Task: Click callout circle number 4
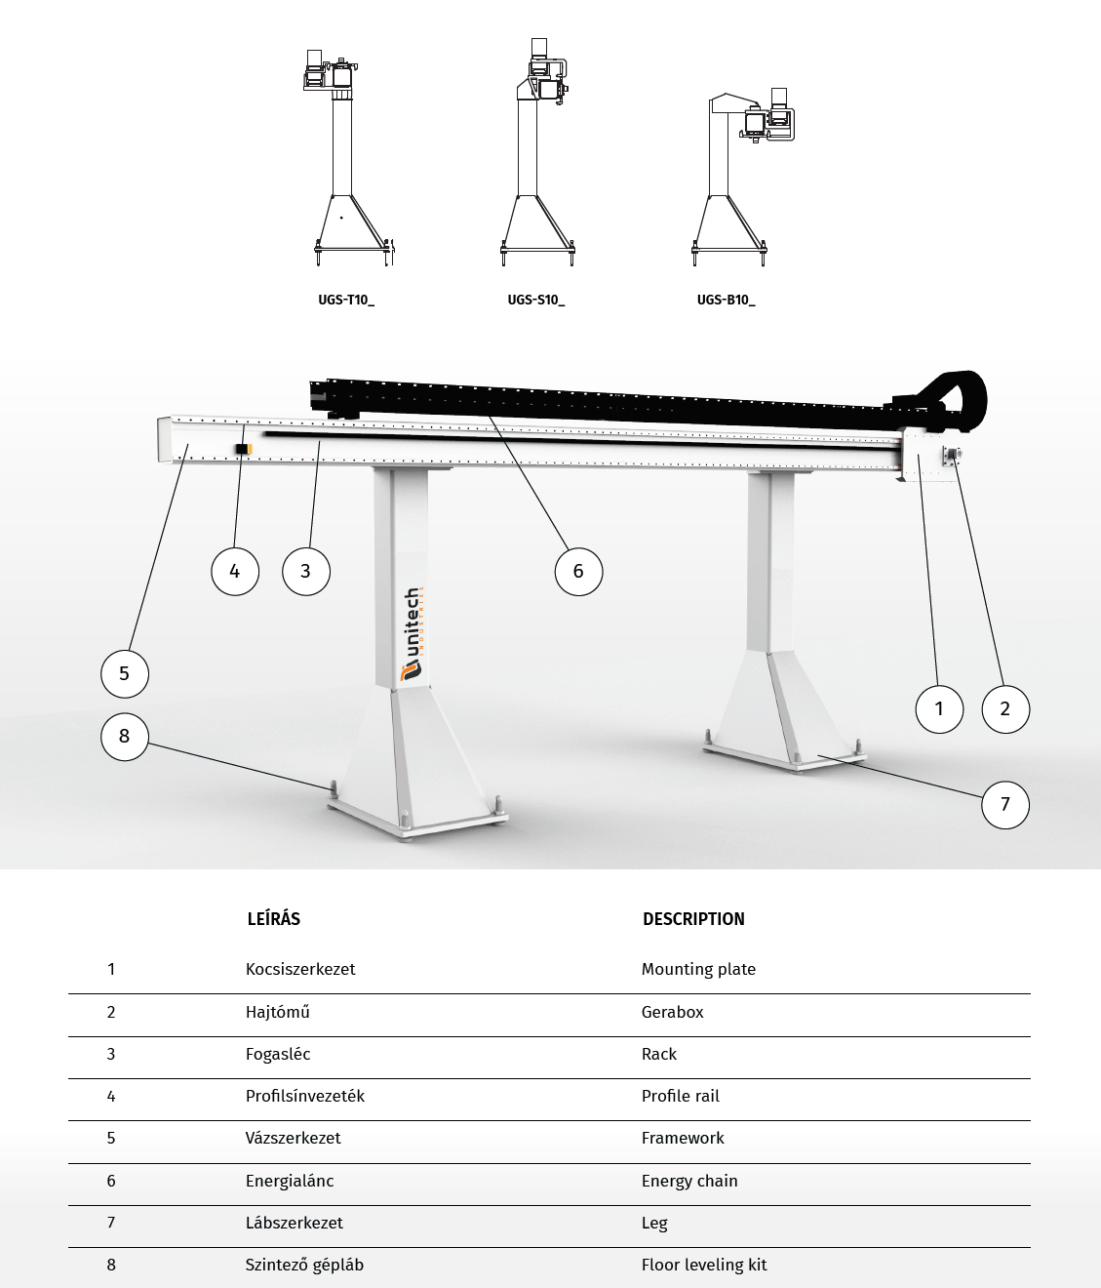[x=235, y=571]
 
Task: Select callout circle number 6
[x=578, y=571]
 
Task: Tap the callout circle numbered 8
[x=124, y=736]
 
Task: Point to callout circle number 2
[x=1005, y=708]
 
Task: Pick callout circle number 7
[x=1005, y=805]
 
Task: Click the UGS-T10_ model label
[x=346, y=301]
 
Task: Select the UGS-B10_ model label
[x=726, y=301]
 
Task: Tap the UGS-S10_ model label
[x=535, y=301]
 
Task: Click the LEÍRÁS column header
[x=274, y=919]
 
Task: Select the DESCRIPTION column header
[x=693, y=919]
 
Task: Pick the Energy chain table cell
[x=689, y=1181]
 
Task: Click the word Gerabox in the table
[x=672, y=1012]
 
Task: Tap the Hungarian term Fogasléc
[x=278, y=1054]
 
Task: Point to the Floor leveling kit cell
[x=704, y=1265]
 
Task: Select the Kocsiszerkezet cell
[x=300, y=969]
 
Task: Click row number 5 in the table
[x=111, y=1138]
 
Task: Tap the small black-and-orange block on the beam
[x=243, y=449]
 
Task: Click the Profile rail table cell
[x=681, y=1096]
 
